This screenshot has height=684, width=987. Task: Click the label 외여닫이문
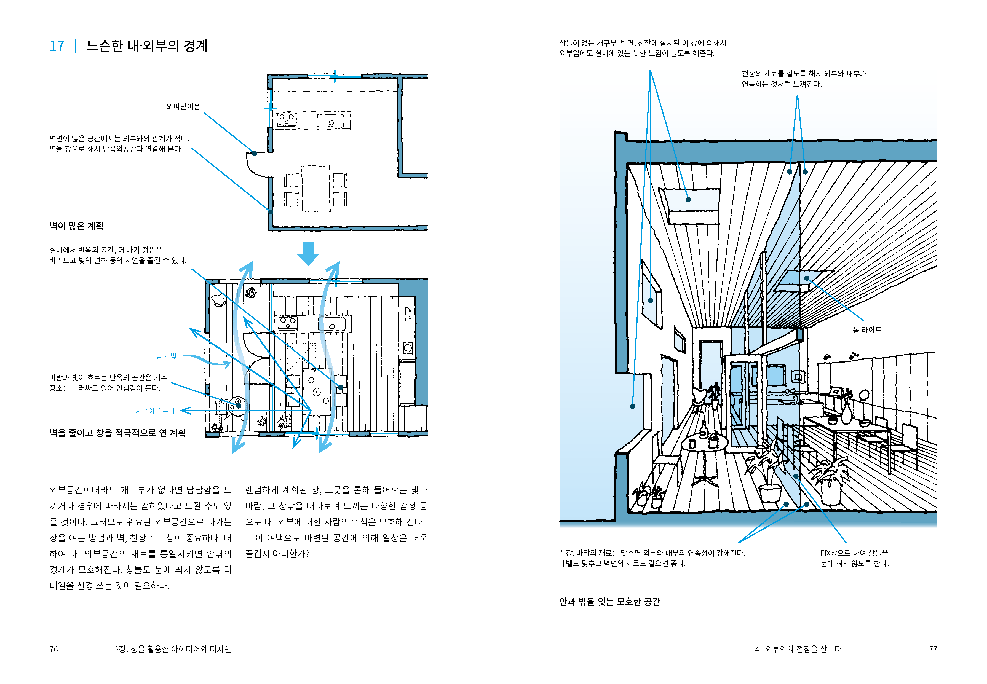click(x=183, y=106)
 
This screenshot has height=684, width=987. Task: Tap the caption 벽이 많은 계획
click(x=76, y=226)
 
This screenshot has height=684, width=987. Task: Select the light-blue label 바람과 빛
click(x=163, y=356)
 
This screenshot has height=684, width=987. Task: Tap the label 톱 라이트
click(x=867, y=329)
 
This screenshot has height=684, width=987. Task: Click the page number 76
click(x=54, y=649)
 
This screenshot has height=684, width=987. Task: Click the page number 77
click(x=933, y=649)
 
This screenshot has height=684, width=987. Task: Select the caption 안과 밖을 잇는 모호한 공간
click(x=609, y=602)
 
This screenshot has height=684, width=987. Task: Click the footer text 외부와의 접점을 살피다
click(x=803, y=649)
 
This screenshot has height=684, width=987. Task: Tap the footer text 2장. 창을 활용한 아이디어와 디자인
click(x=173, y=649)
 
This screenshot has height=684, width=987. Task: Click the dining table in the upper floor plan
click(x=315, y=188)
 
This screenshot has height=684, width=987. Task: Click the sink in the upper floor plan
click(x=330, y=120)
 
